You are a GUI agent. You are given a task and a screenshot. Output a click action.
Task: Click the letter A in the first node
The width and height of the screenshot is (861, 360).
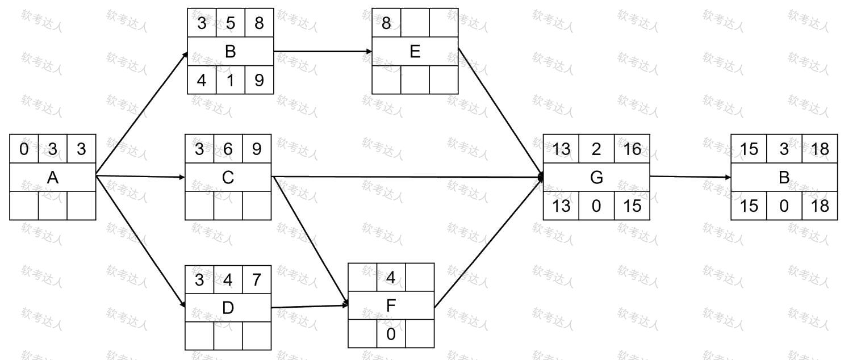coord(53,178)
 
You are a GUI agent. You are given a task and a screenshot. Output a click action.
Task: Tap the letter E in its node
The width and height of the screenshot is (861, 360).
coord(415,51)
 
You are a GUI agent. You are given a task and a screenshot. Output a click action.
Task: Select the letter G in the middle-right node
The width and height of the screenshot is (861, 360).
coord(596,178)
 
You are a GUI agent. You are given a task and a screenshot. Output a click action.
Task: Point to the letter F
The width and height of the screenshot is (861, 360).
coord(391,305)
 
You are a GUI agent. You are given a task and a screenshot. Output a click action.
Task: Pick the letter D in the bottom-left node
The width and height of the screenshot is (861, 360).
coord(228,308)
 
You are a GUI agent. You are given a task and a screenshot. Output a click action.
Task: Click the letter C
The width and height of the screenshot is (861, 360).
coord(228,178)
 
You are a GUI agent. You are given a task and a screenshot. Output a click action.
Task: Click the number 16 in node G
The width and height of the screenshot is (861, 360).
coord(632,149)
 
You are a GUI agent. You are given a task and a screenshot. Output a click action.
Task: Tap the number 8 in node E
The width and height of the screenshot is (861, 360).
coord(386,23)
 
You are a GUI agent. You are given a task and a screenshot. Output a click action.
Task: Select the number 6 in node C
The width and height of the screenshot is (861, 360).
coord(228,149)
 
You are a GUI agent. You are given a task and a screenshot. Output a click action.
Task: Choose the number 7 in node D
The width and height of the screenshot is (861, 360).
coord(257,280)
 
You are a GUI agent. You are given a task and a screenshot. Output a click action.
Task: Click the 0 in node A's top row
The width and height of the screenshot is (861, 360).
coord(24,149)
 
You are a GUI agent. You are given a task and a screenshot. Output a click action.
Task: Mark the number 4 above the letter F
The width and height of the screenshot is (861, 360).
coord(391,278)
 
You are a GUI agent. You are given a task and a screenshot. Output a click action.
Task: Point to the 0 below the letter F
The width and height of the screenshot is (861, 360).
coord(391,334)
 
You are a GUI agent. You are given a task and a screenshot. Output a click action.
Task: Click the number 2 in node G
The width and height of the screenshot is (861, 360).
coord(596,149)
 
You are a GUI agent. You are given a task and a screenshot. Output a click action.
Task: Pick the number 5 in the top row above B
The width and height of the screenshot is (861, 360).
coord(231,23)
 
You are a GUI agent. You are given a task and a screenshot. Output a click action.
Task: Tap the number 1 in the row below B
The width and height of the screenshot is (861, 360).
coord(231,80)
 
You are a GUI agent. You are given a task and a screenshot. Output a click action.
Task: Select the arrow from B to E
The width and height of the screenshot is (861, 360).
coord(323,51)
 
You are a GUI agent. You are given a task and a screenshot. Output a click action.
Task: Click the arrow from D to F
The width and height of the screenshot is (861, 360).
coord(310,307)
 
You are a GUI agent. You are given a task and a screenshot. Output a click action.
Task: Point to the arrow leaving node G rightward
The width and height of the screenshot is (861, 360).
coord(691,177)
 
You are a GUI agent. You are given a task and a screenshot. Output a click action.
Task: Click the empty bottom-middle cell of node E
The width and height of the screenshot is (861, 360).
coord(415,80)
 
